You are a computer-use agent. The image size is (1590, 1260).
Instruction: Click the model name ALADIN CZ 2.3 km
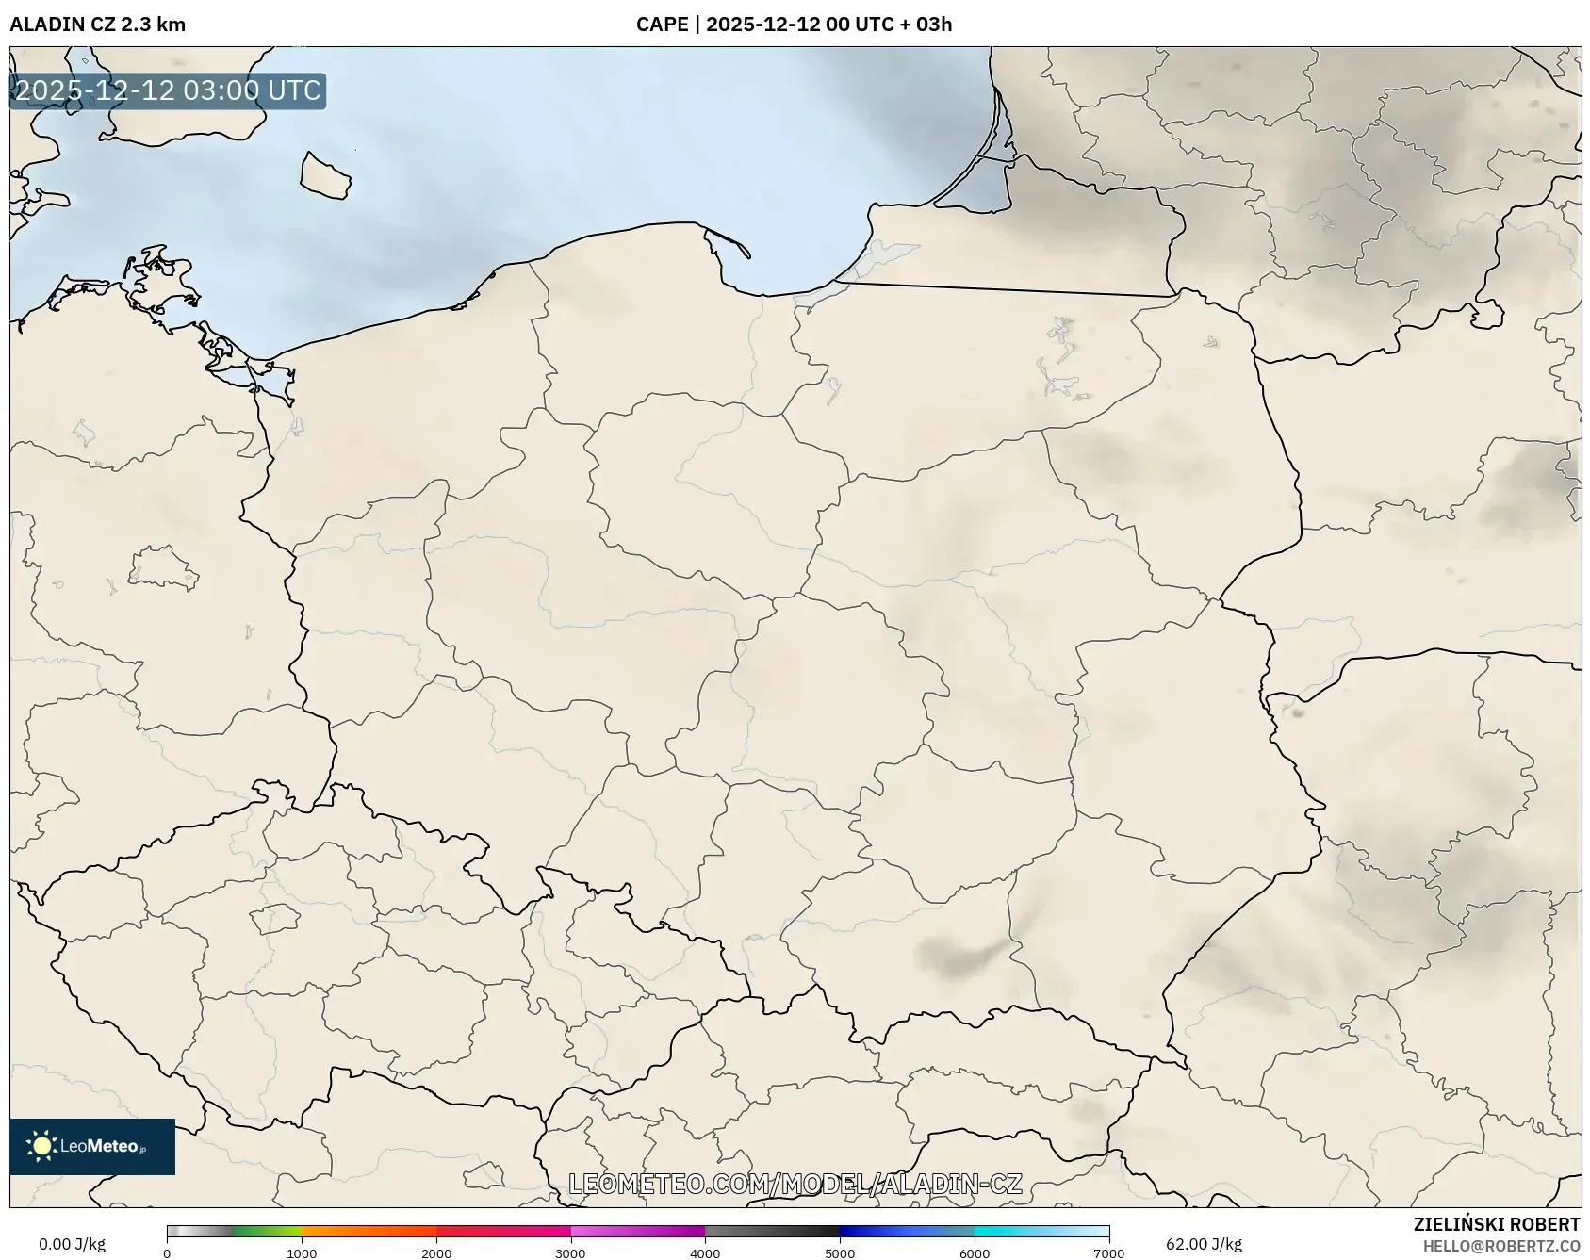coord(97,25)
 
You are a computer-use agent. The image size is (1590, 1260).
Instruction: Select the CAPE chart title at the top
coord(794,25)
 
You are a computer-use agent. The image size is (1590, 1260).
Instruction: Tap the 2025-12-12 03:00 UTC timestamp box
coord(168,91)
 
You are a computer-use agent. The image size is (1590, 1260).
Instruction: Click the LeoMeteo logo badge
coord(92,1146)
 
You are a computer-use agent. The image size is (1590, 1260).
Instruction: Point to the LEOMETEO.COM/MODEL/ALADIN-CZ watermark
coord(795,1184)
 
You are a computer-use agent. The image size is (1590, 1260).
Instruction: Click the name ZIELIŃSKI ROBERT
coord(1496,1224)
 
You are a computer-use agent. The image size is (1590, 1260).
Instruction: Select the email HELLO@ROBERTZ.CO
coord(1500,1246)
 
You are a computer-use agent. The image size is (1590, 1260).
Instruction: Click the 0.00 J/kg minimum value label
coord(72,1244)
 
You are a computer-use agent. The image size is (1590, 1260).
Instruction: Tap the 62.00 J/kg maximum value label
coord(1204,1244)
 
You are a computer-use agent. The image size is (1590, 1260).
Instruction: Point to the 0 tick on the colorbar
coord(167,1253)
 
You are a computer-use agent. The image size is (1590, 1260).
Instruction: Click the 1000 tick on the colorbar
coord(302,1253)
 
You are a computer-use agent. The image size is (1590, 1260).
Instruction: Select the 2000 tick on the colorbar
coord(436,1253)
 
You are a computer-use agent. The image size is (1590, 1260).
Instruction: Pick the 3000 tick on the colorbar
coord(570,1253)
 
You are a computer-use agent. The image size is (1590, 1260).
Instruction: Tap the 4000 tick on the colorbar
coord(705,1253)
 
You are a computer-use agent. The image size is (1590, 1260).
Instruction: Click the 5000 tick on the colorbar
coord(840,1253)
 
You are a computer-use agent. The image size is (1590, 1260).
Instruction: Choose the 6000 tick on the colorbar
coord(975,1253)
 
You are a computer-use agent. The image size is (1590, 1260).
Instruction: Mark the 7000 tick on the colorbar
coord(1108,1253)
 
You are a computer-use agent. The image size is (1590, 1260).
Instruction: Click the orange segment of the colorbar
coord(368,1232)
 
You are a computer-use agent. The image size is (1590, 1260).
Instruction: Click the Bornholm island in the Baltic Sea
coord(324,176)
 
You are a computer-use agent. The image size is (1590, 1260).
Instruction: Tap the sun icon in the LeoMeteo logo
coord(41,1146)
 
